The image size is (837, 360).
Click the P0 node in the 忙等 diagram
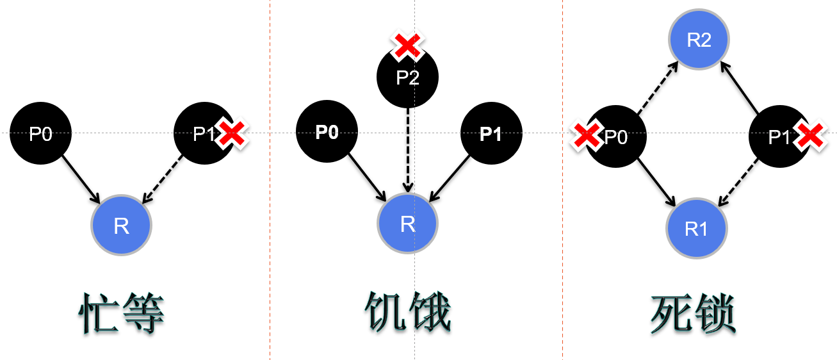tap(40, 134)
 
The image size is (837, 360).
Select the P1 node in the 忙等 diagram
tap(204, 134)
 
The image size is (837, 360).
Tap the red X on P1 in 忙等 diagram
tap(232, 134)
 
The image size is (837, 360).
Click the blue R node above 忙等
tap(121, 226)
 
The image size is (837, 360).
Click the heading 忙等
tap(122, 314)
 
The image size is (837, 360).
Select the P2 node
tap(407, 78)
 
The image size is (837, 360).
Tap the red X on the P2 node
tap(407, 45)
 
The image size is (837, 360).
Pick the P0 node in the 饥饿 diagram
tap(327, 133)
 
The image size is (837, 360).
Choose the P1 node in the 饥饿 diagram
tap(491, 134)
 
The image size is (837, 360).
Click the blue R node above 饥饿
tap(407, 224)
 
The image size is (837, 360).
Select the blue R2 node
tap(699, 40)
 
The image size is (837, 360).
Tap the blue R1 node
tap(696, 229)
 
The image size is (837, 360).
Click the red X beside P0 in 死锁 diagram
tap(586, 135)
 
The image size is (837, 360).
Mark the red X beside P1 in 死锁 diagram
tap(809, 135)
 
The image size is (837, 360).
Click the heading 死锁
tap(694, 314)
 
